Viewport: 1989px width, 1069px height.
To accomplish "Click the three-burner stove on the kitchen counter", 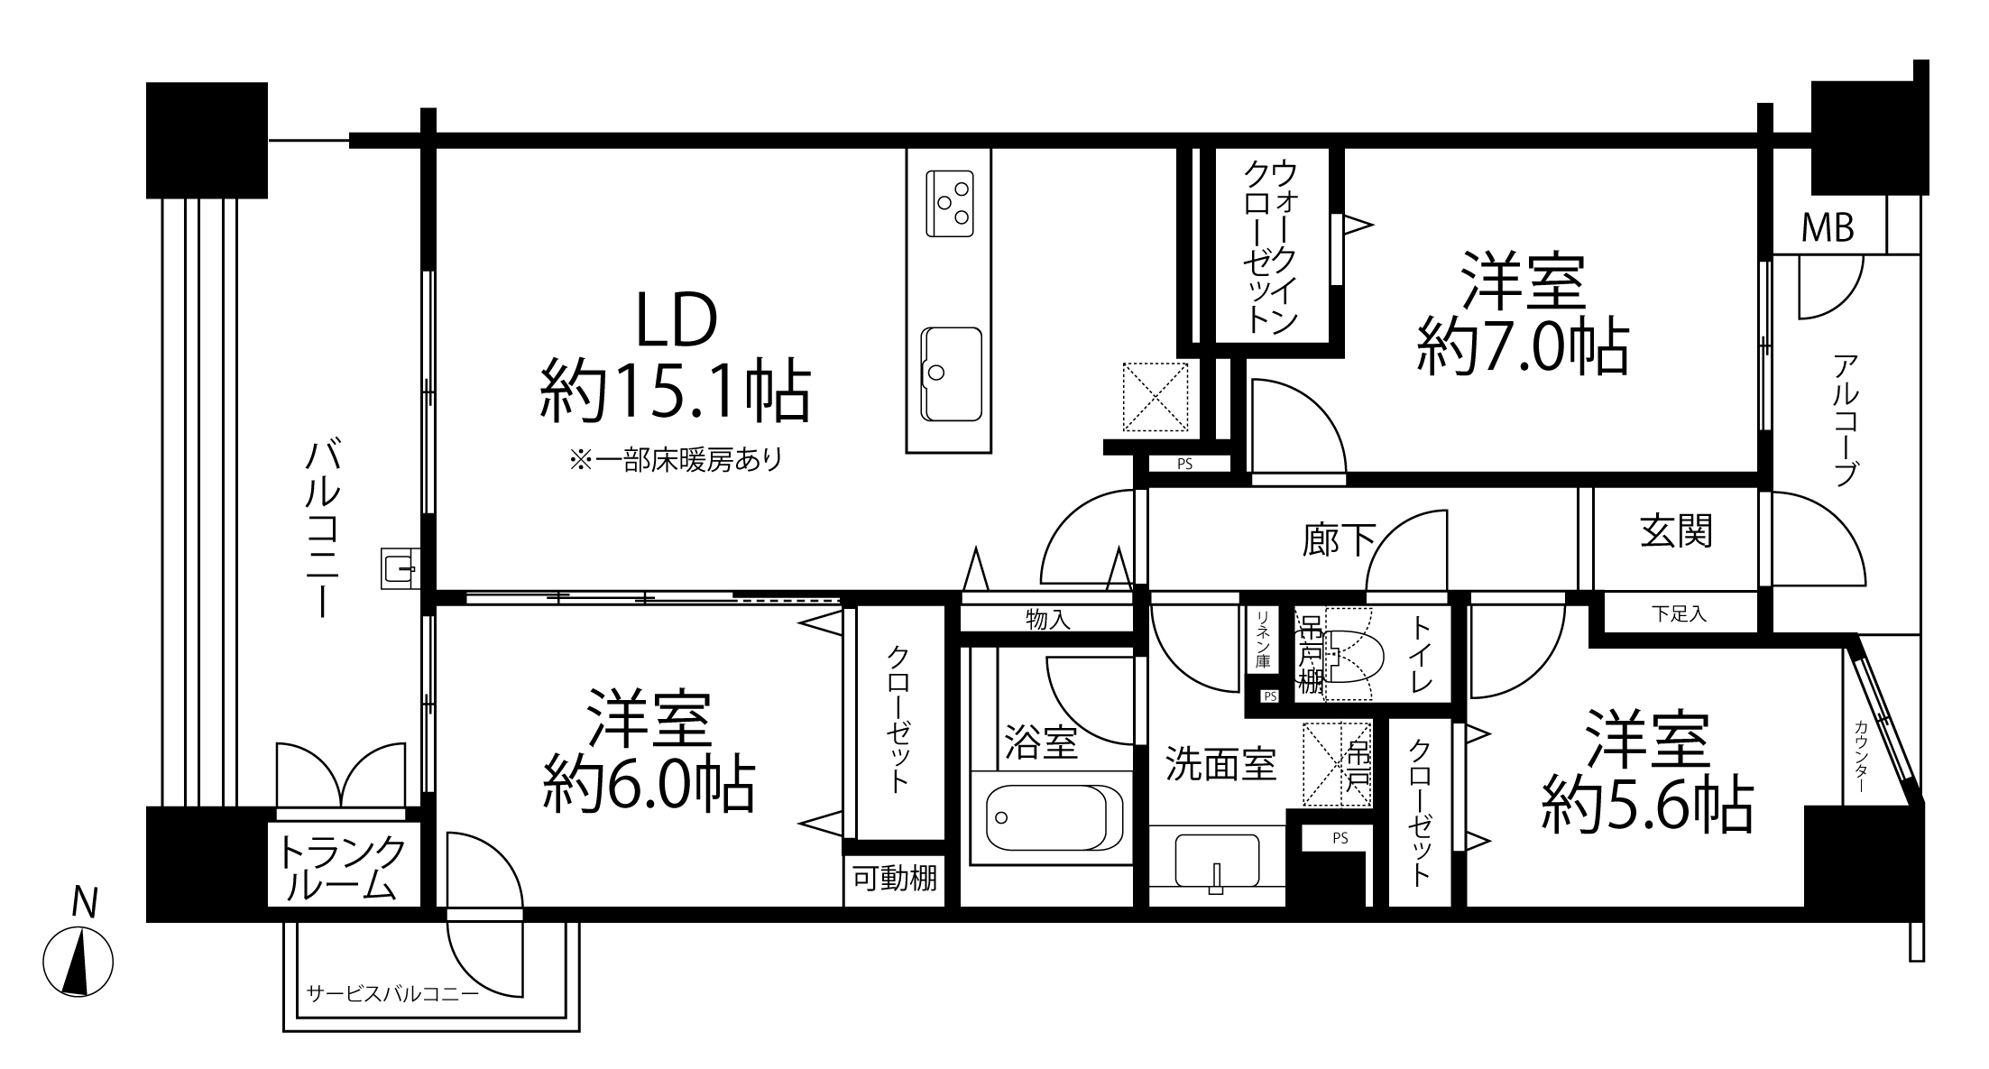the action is (950, 203).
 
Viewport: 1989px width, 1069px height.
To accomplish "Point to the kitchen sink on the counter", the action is (951, 373).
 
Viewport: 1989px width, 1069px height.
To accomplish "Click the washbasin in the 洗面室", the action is (1217, 862).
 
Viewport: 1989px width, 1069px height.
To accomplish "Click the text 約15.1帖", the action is (675, 392).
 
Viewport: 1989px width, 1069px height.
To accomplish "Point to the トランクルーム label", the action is (342, 868).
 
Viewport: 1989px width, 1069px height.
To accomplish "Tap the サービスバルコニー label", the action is (392, 994).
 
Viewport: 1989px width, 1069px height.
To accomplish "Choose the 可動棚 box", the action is (895, 879).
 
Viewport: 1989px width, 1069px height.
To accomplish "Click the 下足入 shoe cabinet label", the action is (1680, 614).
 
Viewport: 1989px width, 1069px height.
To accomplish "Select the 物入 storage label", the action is (1048, 620).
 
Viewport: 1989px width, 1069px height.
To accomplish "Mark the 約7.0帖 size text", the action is (1524, 347).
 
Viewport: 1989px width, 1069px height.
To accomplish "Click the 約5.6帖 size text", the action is (1648, 805).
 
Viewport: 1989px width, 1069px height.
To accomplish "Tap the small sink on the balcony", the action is (399, 568).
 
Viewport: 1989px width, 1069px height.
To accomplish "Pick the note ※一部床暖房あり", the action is (676, 461).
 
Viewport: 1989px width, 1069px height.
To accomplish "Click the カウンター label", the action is (1861, 756).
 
